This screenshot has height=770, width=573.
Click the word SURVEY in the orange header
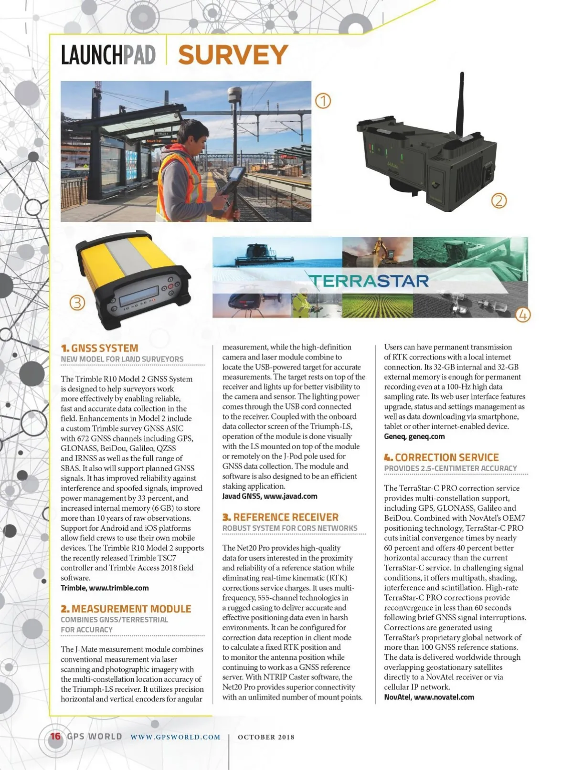click(233, 55)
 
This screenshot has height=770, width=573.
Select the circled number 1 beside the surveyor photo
click(323, 101)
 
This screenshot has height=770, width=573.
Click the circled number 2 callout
click(499, 201)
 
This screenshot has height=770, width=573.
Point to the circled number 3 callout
click(77, 303)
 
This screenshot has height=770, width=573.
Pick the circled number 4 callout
click(523, 315)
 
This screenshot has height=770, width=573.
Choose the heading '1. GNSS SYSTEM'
click(99, 348)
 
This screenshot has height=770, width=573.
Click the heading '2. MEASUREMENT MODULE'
click(126, 609)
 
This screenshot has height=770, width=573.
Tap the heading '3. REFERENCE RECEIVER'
click(280, 517)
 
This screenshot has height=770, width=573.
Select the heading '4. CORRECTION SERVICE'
click(441, 457)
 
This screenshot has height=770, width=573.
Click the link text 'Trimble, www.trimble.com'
click(105, 588)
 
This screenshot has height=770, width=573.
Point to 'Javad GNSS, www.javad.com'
click(270, 496)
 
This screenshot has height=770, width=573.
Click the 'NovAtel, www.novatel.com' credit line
click(429, 697)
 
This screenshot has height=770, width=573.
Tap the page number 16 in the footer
click(55, 736)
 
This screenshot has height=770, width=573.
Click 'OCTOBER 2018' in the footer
click(266, 737)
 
